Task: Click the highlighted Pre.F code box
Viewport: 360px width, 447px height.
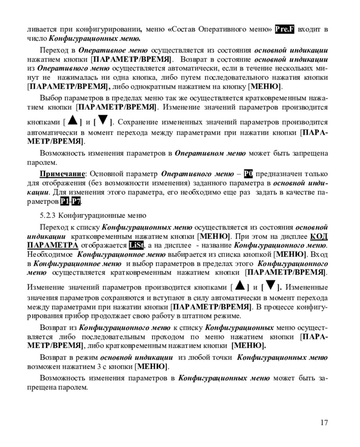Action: pos(284,29)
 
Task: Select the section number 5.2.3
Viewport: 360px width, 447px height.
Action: pos(48,216)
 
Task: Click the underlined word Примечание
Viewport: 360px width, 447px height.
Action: pos(62,174)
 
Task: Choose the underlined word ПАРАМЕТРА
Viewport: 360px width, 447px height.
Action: pos(52,245)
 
